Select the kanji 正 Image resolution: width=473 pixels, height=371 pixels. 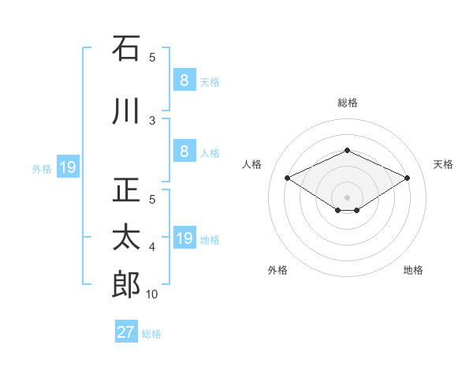pos(126,189)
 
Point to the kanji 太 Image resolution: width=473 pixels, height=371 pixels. pos(126,237)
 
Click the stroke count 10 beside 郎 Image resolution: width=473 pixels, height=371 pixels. pos(152,294)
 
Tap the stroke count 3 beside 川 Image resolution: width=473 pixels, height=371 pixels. pos(152,121)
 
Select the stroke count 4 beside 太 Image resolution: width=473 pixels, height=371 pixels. pos(152,247)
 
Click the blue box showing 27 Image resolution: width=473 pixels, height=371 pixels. pos(126,332)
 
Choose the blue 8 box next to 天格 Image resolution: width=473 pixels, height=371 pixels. pos(184,80)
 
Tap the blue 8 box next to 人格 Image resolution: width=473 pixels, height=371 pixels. pos(184,152)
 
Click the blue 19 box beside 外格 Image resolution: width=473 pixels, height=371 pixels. pos(67,167)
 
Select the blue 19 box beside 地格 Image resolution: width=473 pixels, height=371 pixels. pos(184,239)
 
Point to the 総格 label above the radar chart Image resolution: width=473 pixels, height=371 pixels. pos(348,103)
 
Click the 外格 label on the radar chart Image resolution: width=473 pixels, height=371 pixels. pos(277,270)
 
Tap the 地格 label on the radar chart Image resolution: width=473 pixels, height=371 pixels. pos(413,270)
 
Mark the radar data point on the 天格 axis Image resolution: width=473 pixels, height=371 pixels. pos(407,178)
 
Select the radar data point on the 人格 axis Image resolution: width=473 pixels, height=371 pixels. pos(287,178)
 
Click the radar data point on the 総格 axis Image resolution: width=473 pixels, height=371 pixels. pos(347,150)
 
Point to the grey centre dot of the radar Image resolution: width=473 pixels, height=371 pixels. pos(347,197)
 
